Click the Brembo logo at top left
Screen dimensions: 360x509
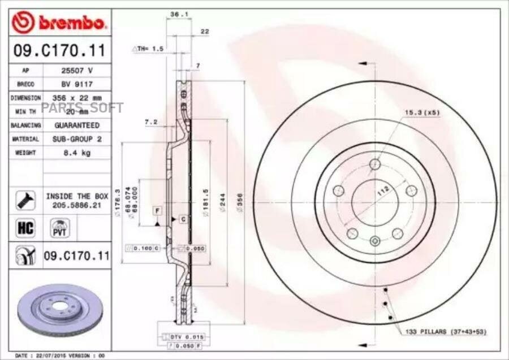(59, 23)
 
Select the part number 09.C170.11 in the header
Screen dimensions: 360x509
(59, 51)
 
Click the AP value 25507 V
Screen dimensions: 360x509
(77, 71)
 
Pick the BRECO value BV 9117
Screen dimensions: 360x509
(77, 84)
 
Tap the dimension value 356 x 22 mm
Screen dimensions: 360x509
(77, 98)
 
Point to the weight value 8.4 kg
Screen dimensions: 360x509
(77, 153)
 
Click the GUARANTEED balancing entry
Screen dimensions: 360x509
(77, 125)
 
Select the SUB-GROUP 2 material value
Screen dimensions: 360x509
(77, 139)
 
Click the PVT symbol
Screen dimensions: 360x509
(57, 229)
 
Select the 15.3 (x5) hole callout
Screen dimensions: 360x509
(421, 112)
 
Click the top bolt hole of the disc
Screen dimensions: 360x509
(374, 164)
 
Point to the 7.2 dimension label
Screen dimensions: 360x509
(150, 122)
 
